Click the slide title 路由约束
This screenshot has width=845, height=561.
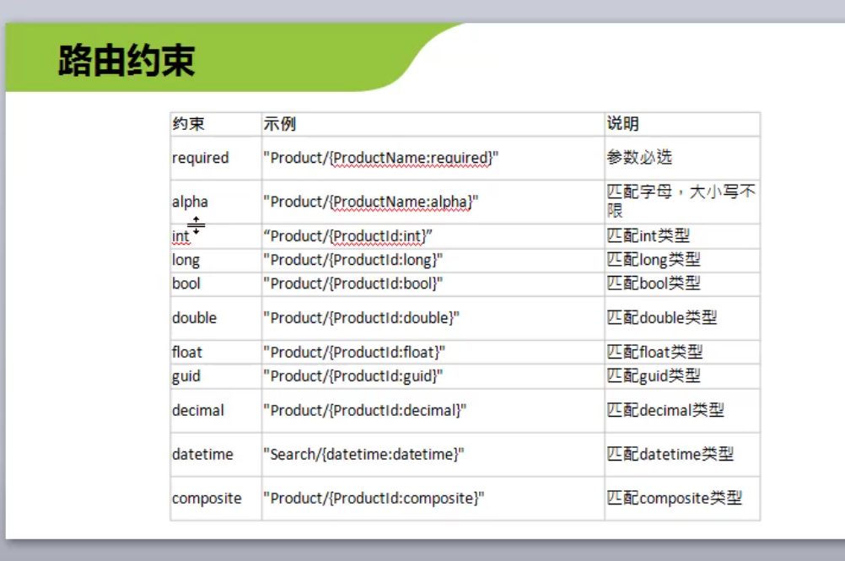(x=126, y=61)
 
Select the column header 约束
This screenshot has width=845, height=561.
(x=189, y=123)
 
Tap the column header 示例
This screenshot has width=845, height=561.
(x=280, y=123)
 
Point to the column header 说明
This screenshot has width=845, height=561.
(x=623, y=123)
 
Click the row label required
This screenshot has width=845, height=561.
(x=201, y=158)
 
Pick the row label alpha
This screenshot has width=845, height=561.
(x=190, y=202)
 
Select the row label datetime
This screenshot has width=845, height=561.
(x=202, y=455)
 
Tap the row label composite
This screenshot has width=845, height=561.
(x=207, y=499)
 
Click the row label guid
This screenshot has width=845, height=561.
(x=186, y=375)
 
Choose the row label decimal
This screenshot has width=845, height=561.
(x=198, y=410)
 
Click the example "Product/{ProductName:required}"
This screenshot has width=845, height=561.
(x=381, y=158)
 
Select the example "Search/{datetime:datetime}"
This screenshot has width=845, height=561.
(x=363, y=455)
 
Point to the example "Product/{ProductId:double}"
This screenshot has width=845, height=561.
(x=362, y=318)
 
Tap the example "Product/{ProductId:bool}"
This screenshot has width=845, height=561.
(x=353, y=283)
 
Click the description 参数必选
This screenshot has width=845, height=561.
(x=640, y=157)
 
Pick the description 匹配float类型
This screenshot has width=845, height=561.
(x=654, y=352)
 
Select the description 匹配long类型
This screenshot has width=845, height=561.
(x=654, y=260)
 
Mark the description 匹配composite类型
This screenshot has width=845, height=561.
(x=674, y=498)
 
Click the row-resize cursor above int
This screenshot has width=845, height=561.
(x=196, y=225)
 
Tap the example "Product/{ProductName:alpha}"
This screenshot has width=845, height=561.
(x=371, y=202)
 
